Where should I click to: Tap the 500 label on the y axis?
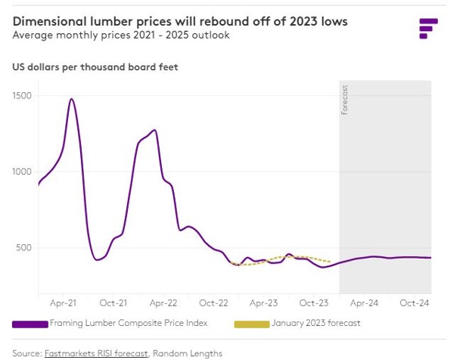[x=23, y=247]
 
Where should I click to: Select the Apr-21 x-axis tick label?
[x=63, y=303]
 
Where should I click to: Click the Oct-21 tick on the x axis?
[x=113, y=303]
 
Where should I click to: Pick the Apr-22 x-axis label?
[x=163, y=303]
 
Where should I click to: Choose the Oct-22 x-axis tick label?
[x=213, y=303]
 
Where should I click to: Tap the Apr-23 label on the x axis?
[x=263, y=303]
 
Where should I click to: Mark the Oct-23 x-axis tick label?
[x=313, y=303]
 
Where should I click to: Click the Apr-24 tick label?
[x=363, y=303]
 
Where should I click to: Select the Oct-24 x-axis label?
[x=414, y=303]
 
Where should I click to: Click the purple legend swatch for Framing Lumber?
[x=29, y=324]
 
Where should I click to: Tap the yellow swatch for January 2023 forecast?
[x=251, y=324]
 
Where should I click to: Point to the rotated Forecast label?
[x=346, y=101]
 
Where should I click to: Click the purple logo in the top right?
[x=428, y=27]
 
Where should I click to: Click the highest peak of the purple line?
[x=71, y=99]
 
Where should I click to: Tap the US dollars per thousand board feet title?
[x=95, y=67]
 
